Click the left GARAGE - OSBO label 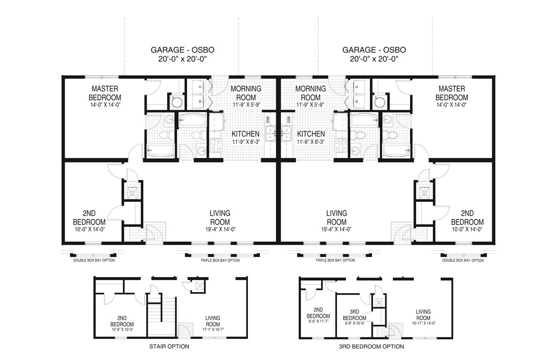(182, 50)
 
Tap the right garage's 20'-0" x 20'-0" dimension (374, 59)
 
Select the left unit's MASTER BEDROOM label (105, 93)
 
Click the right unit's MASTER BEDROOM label (451, 93)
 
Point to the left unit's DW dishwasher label (268, 120)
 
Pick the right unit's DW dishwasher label (289, 120)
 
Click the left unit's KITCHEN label (246, 134)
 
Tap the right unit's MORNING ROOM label (310, 93)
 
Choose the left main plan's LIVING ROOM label (220, 217)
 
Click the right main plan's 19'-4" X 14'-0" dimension (337, 229)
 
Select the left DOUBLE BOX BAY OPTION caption (94, 261)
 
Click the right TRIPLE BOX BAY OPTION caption (335, 261)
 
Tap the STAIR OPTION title (169, 346)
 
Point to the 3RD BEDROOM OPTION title (371, 346)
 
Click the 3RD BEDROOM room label (354, 315)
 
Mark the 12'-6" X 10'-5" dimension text (122, 330)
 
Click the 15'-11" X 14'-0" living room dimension (424, 323)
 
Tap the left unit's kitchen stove (216, 145)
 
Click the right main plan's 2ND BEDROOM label (467, 217)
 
